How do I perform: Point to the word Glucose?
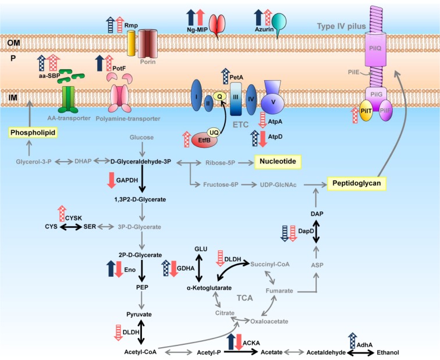tap(142, 138)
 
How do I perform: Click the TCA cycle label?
tap(244, 298)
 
